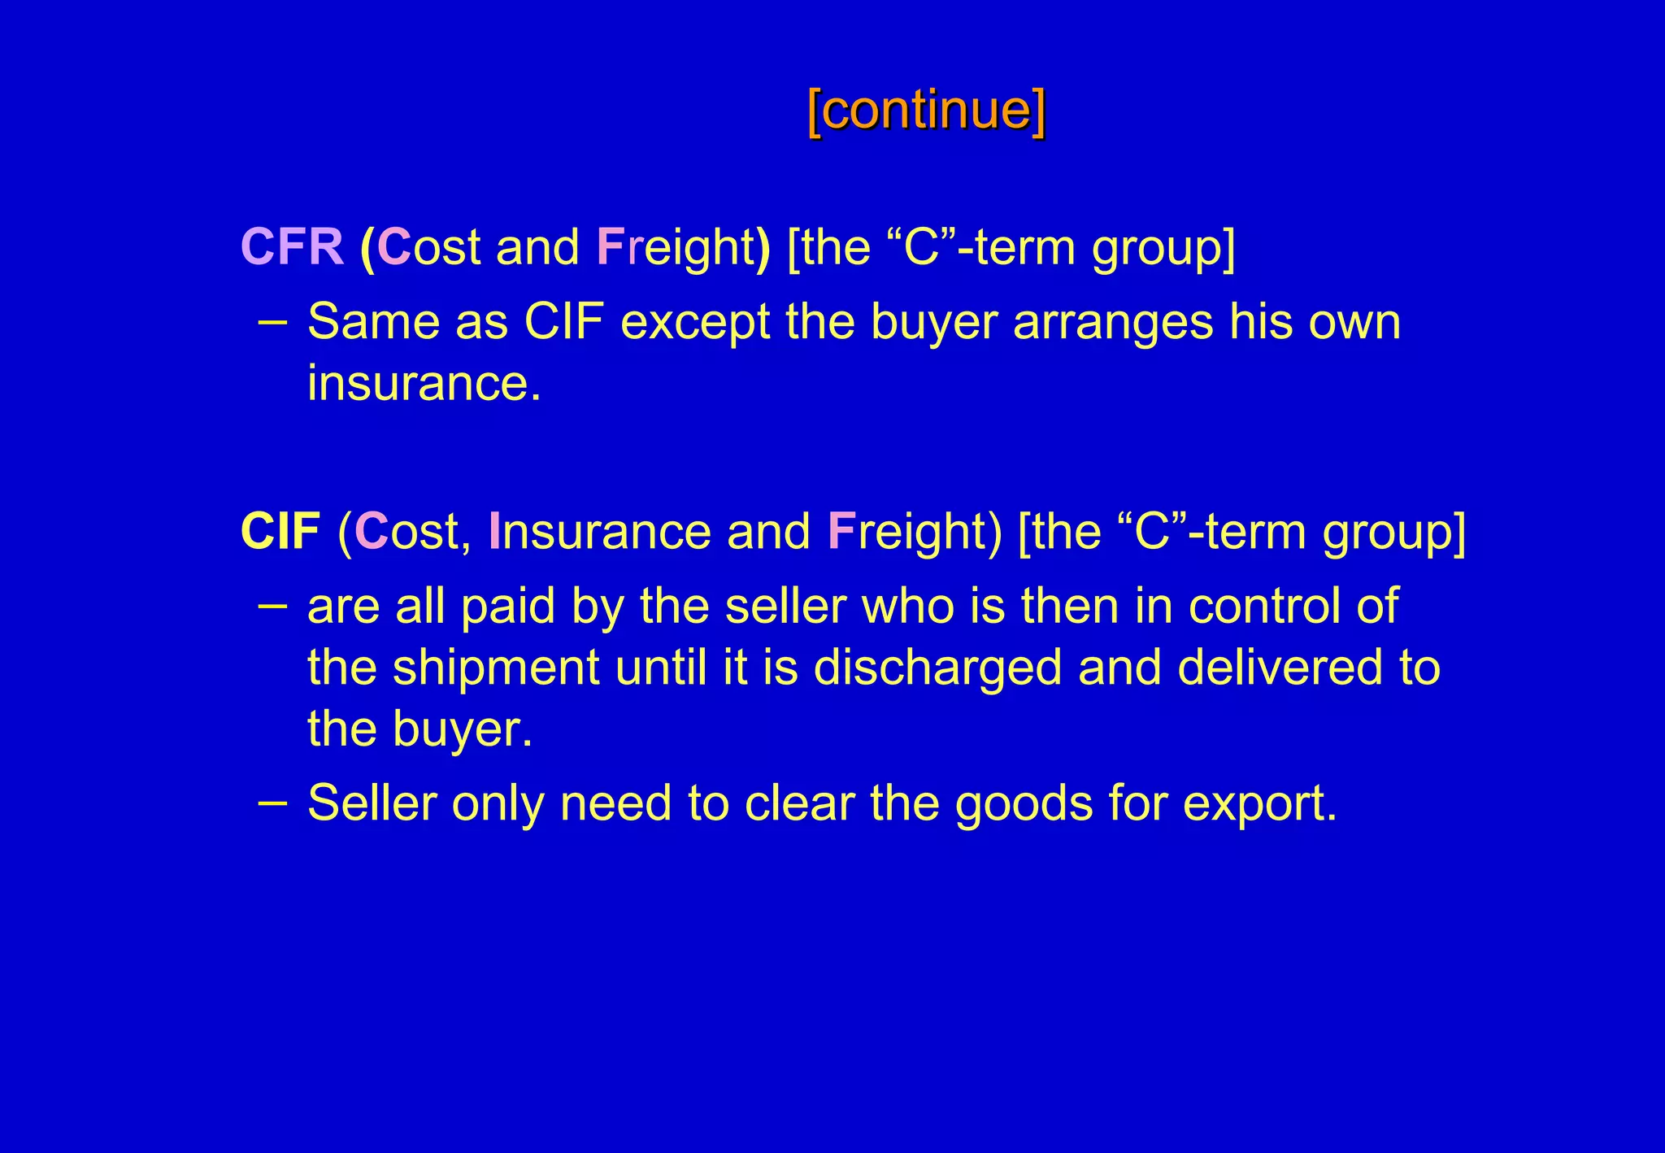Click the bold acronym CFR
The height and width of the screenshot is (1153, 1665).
pyautogui.click(x=293, y=246)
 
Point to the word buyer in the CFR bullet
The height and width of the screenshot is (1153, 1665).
pyautogui.click(x=933, y=322)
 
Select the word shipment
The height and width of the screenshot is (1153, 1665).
pyautogui.click(x=496, y=668)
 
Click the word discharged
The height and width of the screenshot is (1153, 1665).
pyautogui.click(x=937, y=668)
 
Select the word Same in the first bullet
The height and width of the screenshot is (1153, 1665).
pyautogui.click(x=373, y=322)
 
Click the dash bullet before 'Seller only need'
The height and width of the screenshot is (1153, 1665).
pyautogui.click(x=272, y=802)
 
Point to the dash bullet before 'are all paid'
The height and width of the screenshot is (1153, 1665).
pyautogui.click(x=272, y=605)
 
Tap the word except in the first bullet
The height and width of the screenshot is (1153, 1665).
pyautogui.click(x=695, y=322)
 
